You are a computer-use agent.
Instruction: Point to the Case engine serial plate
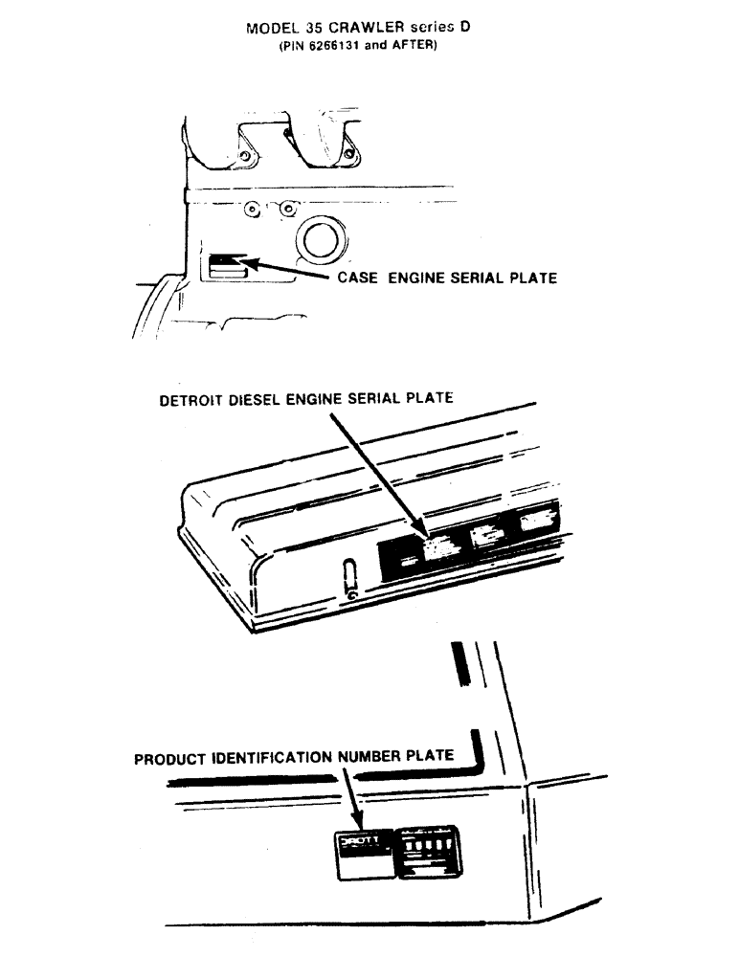coord(227,260)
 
